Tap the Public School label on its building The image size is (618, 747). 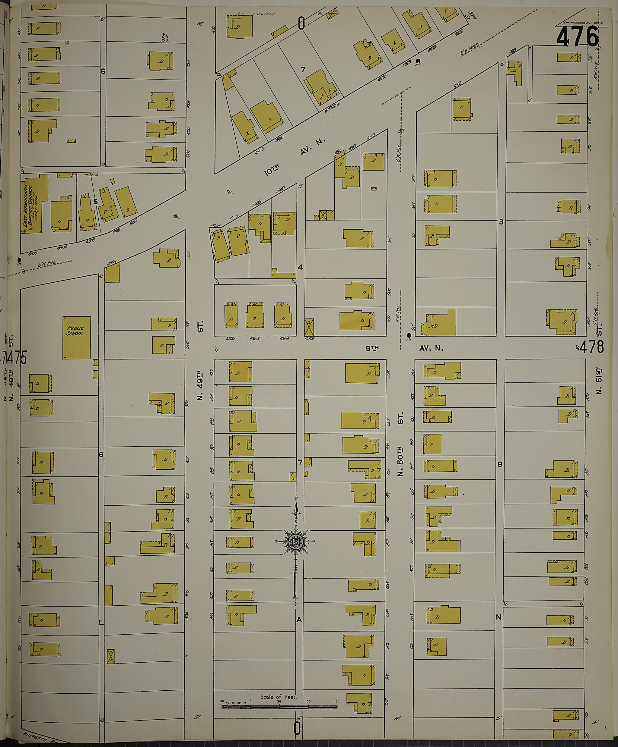pos(75,331)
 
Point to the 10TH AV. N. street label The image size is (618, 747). pos(295,156)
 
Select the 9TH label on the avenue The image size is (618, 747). pos(372,348)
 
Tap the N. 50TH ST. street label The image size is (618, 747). pos(400,444)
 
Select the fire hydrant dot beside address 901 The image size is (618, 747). pos(409,335)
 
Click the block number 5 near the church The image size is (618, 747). pos(95,202)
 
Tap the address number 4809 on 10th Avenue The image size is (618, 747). pos(112,264)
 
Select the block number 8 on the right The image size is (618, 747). pos(499,464)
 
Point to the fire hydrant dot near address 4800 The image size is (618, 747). pos(19,259)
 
